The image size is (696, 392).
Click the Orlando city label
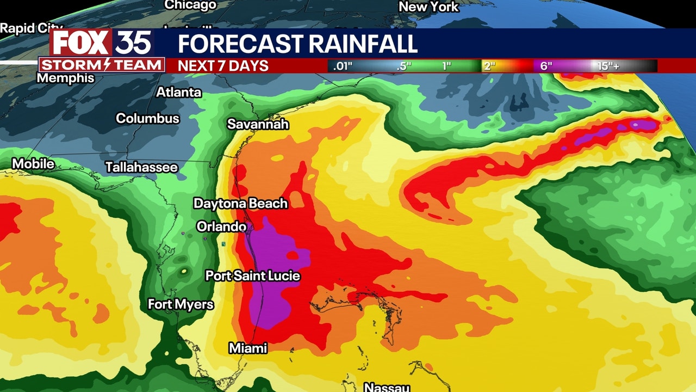[x=221, y=226]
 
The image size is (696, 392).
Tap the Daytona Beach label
[x=240, y=204]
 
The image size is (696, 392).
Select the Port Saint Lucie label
[x=252, y=276]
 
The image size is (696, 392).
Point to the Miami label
[x=247, y=348]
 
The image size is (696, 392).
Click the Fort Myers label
[x=181, y=304]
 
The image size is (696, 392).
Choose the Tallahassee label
[x=141, y=167]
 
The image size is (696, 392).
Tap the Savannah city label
[x=258, y=124]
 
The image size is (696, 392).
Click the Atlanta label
[x=179, y=93]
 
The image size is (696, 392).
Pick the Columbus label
[x=147, y=118]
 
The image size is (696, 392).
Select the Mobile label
[x=33, y=164]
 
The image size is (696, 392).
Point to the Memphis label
[x=65, y=78]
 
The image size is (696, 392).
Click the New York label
[x=428, y=7]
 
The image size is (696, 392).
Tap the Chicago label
[x=190, y=5]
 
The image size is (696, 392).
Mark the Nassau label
[x=386, y=387]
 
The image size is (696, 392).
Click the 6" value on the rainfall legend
[x=546, y=66]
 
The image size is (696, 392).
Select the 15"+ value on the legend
[x=608, y=66]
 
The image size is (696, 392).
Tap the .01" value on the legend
[x=343, y=66]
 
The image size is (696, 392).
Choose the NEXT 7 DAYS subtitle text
[x=223, y=66]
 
